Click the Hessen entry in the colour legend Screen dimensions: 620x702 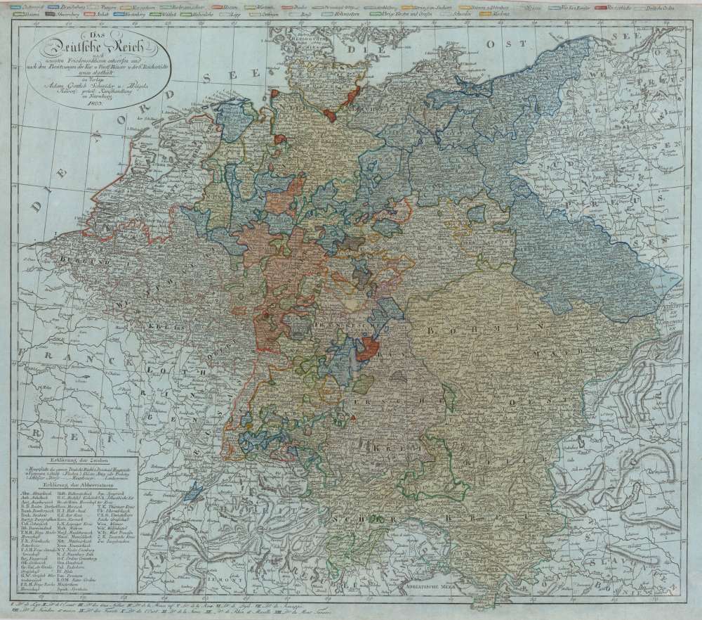(x=231, y=6)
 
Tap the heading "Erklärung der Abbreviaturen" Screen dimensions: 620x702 (x=73, y=485)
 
